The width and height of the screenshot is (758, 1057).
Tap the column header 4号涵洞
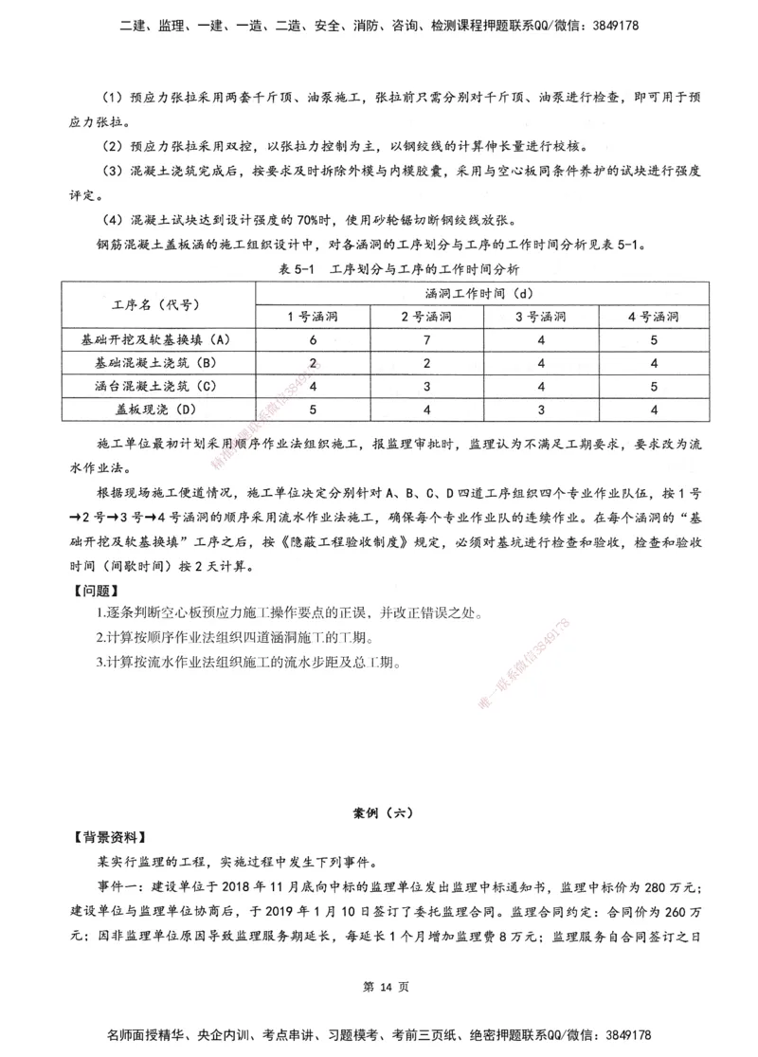654,317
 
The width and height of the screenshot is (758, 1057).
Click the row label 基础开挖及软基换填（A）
156,338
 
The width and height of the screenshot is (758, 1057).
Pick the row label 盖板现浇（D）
156,410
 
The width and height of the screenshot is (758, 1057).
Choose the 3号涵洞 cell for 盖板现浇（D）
540,410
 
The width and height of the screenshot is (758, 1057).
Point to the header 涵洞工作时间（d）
483,293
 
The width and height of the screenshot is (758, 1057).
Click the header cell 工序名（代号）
156,304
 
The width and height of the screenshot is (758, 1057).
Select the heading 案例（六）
378,812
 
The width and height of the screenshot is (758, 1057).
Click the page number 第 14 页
378,987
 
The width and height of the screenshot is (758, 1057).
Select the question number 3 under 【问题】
99,662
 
